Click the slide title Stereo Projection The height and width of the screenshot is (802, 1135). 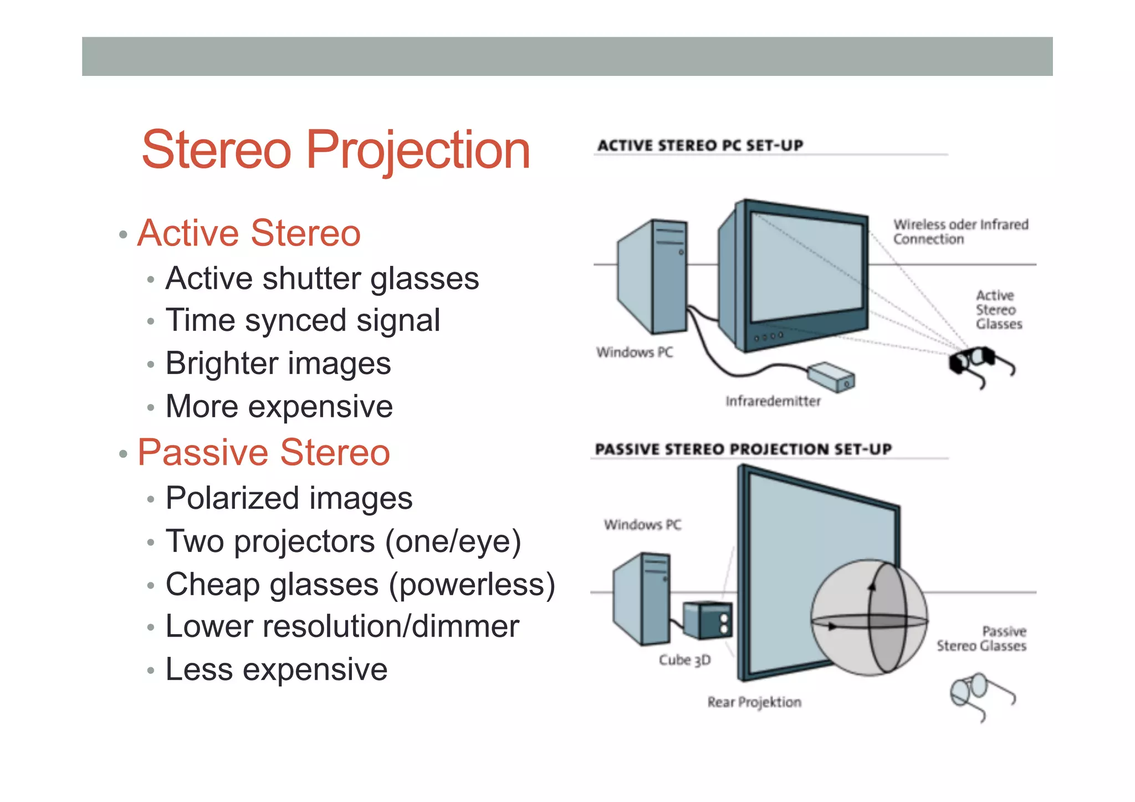(x=336, y=150)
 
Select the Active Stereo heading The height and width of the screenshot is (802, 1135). (x=249, y=233)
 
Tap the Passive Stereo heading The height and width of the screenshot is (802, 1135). (x=264, y=452)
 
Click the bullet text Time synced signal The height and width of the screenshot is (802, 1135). (x=303, y=320)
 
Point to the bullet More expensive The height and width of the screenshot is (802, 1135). (x=279, y=406)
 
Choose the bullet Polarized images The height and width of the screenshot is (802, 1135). (x=289, y=498)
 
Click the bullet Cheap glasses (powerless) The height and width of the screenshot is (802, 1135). (x=360, y=584)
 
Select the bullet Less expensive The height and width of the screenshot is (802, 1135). (x=276, y=670)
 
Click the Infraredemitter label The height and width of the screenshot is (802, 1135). (x=773, y=401)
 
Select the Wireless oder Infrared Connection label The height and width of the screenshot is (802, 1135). (x=960, y=232)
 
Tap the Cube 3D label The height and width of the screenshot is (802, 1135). (x=684, y=660)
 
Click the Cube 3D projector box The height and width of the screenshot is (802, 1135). (x=707, y=620)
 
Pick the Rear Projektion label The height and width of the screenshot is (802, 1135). (x=754, y=702)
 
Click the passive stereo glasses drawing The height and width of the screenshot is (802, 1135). (x=978, y=693)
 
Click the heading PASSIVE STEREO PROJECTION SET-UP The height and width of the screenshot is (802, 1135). (x=743, y=449)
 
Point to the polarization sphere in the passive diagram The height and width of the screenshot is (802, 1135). (x=869, y=617)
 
